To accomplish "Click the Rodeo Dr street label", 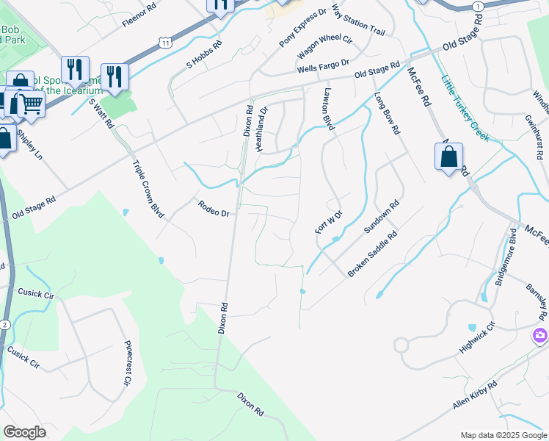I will click(x=214, y=209).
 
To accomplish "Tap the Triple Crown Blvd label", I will click(x=148, y=190).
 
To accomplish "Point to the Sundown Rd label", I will click(x=382, y=218).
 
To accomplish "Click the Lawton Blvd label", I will click(x=328, y=110).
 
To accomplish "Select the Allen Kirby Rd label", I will click(x=475, y=395).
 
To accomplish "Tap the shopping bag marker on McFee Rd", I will click(x=448, y=157).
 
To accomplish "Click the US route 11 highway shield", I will click(x=166, y=43).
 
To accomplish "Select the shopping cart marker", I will click(x=31, y=104).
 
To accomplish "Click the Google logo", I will click(x=25, y=431).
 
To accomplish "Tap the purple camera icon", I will click(x=540, y=335).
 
